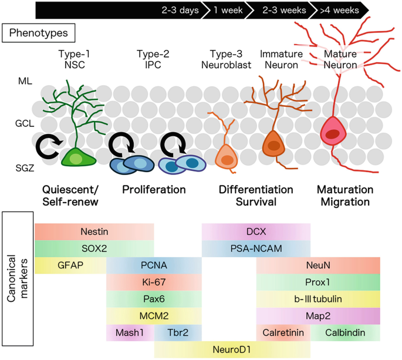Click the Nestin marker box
point(94,232)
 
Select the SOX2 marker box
point(94,248)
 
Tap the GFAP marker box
point(70,265)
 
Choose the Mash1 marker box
point(130,333)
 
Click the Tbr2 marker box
point(178,333)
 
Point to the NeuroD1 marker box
point(232,349)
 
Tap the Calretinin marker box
point(283,333)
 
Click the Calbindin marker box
point(346,333)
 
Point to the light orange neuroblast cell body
point(226,157)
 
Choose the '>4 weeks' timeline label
point(339,10)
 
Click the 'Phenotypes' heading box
point(38,33)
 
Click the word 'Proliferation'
point(154,190)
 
